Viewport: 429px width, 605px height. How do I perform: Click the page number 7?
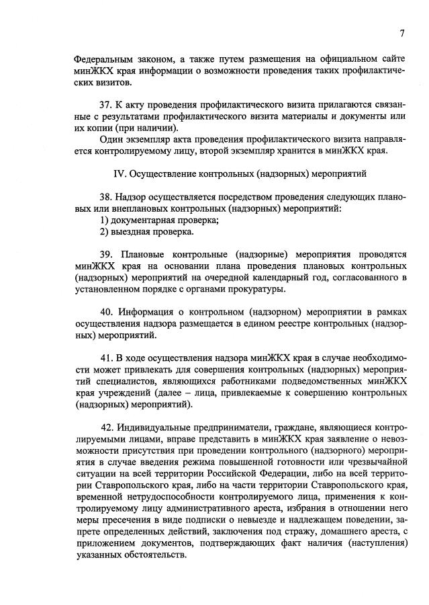point(401,34)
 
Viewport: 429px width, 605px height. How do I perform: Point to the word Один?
point(110,139)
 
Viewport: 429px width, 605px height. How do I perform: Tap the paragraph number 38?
point(105,198)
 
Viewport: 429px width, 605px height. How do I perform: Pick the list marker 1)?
point(104,220)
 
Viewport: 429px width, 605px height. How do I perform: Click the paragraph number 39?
point(106,256)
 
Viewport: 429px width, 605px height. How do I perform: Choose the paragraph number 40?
point(106,313)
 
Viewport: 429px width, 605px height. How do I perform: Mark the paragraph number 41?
point(105,360)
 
